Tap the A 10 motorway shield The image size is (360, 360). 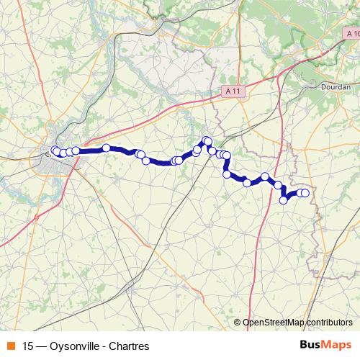click(350, 34)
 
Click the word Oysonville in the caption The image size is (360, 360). click(73, 346)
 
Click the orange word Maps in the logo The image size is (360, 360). click(338, 346)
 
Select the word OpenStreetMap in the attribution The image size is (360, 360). click(273, 323)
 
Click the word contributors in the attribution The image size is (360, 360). click(329, 323)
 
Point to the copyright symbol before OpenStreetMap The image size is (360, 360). click(238, 323)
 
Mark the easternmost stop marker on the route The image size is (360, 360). click(305, 193)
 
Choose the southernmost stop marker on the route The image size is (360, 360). click(284, 200)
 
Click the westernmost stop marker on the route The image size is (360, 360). click(55, 150)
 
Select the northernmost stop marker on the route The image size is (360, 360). click(207, 140)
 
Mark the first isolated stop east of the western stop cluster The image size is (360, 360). click(106, 148)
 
